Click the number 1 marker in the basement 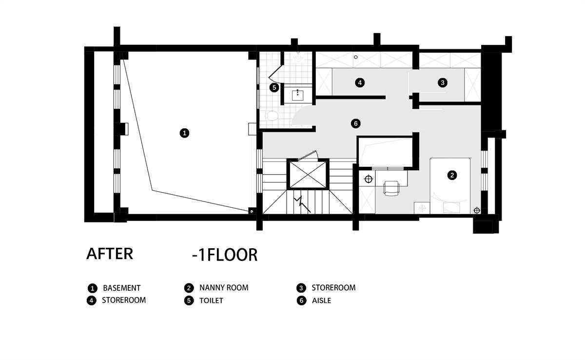184,133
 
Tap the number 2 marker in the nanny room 452,175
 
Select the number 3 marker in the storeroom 443,83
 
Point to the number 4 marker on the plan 360,83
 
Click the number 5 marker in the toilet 274,87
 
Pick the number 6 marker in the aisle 356,123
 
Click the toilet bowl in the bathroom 272,116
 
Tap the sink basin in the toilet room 298,95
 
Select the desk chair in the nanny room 391,188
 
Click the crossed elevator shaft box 308,174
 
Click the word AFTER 110,254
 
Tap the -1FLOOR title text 225,255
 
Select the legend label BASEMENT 122,288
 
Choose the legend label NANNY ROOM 224,288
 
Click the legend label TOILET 211,300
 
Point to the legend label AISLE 321,300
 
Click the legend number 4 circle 92,300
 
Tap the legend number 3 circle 301,288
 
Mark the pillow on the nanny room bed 450,208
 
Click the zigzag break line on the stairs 302,204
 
